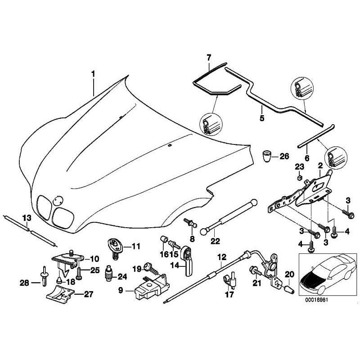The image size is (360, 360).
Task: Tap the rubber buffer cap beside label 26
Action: [x=268, y=157]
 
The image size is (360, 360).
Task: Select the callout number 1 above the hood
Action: [x=93, y=72]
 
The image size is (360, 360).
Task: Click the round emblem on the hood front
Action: [x=57, y=201]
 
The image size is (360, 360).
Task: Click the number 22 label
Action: [x=216, y=241]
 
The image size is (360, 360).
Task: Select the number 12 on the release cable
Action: [x=221, y=257]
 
